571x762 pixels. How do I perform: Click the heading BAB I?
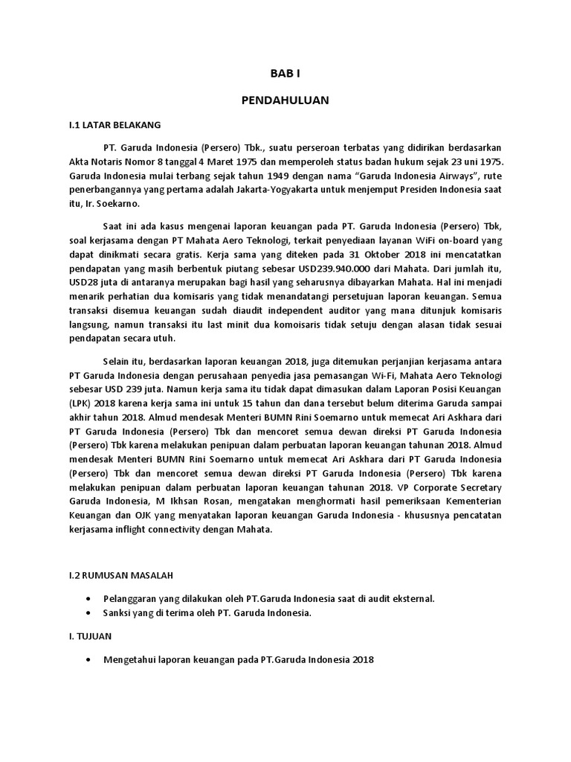click(285, 73)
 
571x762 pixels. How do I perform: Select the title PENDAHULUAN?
click(285, 100)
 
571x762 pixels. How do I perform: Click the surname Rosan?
click(204, 502)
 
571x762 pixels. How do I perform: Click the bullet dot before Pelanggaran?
click(89, 598)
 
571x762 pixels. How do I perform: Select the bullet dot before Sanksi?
click(89, 612)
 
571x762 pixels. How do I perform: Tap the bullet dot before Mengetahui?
click(89, 659)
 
